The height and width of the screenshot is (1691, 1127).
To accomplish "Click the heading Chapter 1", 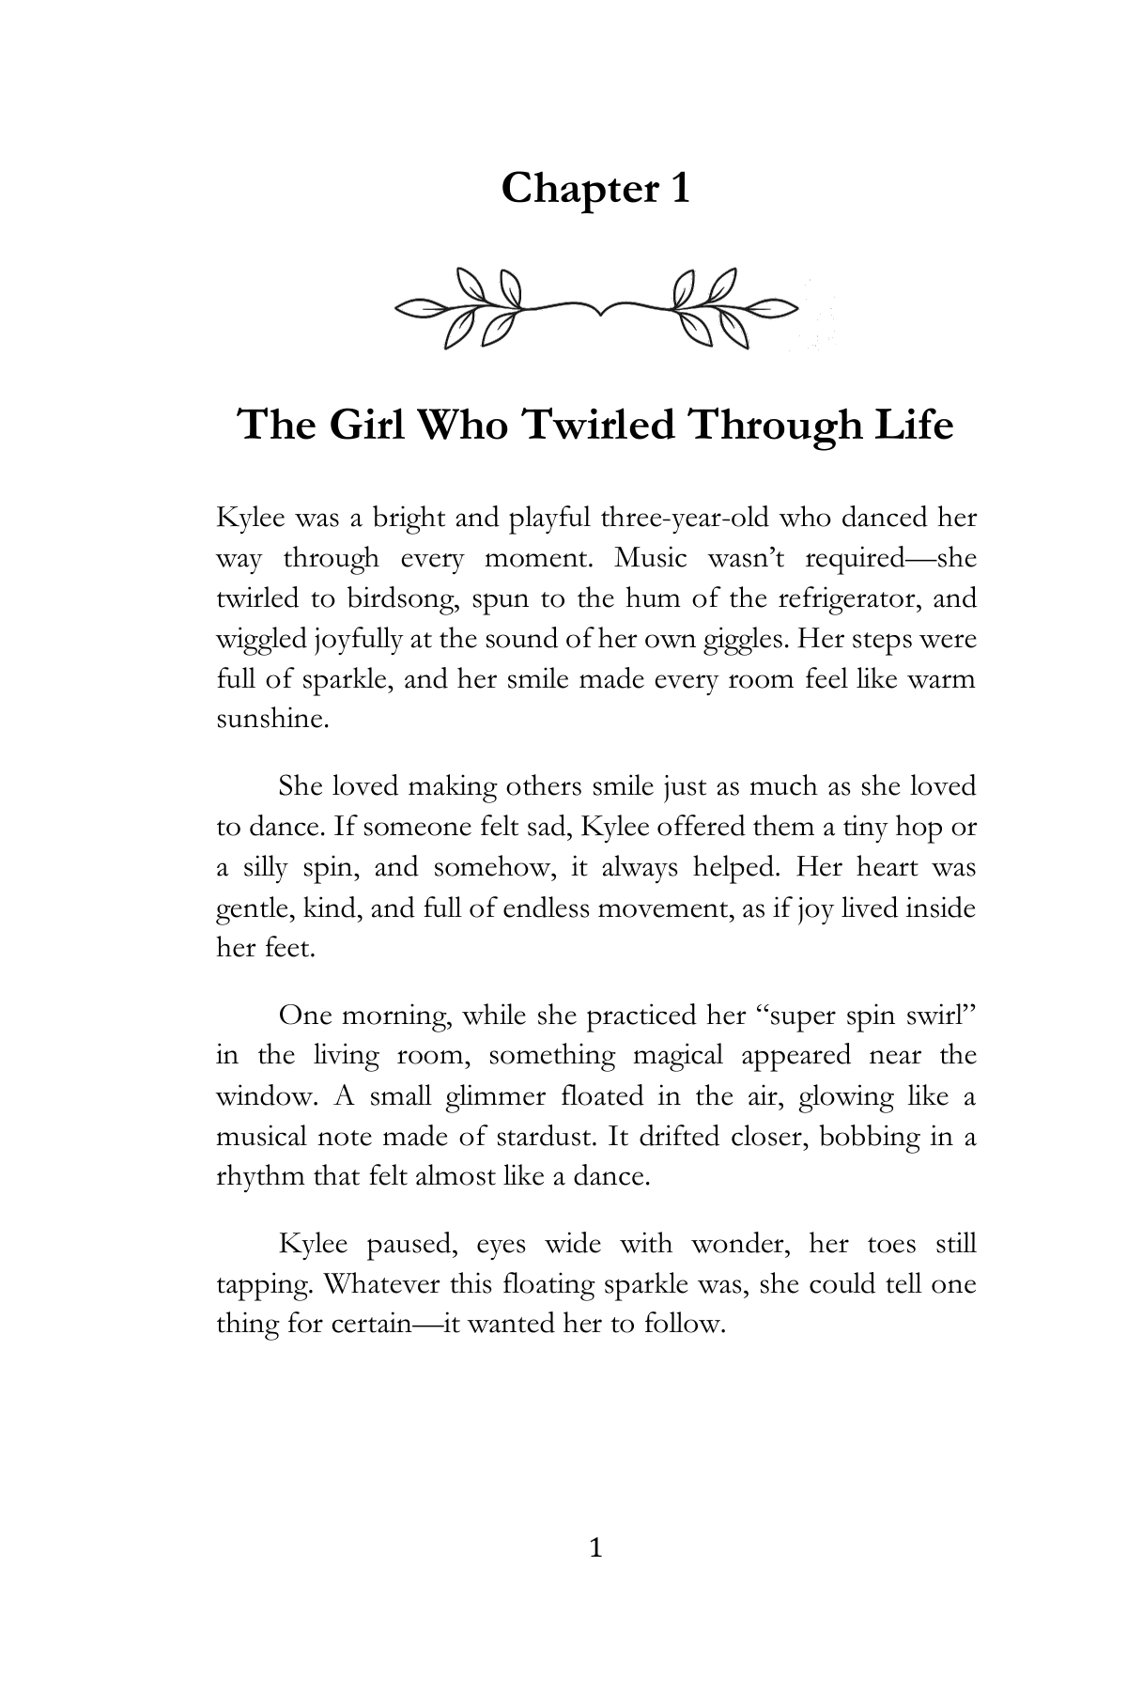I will pos(595,189).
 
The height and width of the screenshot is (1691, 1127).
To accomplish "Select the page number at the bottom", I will pos(594,1549).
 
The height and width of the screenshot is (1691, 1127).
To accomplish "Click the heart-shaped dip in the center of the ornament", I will pos(597,309).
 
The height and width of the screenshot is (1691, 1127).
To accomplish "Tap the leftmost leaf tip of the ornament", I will pos(400,307).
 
